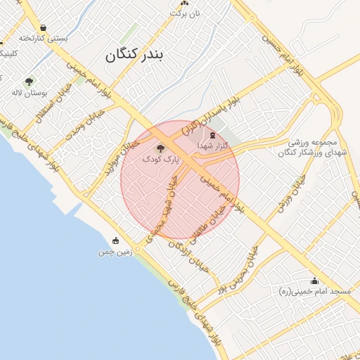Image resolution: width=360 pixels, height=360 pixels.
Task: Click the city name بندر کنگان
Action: [x=138, y=56]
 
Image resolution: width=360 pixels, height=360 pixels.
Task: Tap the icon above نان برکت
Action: [x=184, y=3]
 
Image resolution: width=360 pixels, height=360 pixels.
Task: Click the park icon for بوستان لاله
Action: [x=29, y=82]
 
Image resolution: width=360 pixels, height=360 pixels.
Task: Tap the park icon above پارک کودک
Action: [x=160, y=148]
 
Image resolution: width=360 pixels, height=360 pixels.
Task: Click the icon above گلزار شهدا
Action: [x=212, y=134]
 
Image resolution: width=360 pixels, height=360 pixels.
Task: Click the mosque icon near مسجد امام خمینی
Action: [x=314, y=281]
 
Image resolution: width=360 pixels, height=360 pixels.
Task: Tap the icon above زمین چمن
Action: [x=115, y=241]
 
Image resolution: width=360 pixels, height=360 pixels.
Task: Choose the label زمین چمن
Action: [x=115, y=251]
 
